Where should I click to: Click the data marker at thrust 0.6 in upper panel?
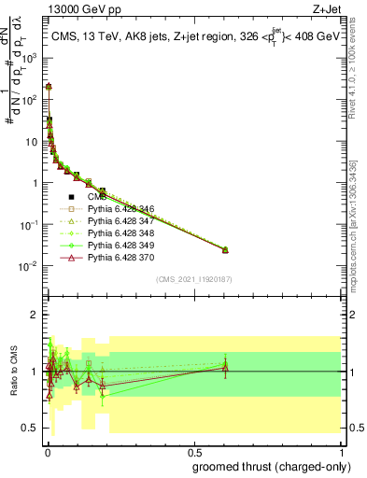(224, 249)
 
